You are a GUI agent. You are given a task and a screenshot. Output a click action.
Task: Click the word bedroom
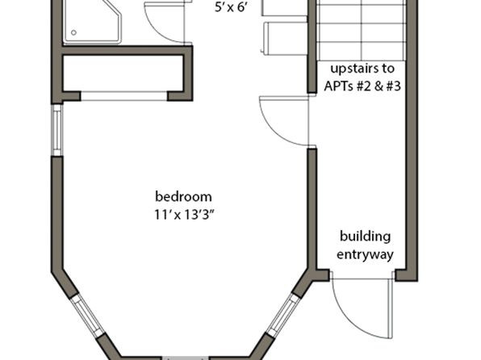[x=183, y=197]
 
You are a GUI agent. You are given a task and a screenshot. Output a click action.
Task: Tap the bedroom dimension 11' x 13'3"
[x=183, y=215]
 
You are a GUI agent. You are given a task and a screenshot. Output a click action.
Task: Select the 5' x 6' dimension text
[x=231, y=8]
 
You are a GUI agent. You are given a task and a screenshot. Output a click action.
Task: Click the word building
[x=365, y=237]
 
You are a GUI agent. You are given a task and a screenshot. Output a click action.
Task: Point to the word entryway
[x=365, y=255]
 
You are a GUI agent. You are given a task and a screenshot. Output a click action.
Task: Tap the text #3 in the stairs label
[x=393, y=86]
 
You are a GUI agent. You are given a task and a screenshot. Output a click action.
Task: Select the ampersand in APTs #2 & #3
[x=378, y=86]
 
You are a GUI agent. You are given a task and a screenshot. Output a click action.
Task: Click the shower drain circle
[x=73, y=32]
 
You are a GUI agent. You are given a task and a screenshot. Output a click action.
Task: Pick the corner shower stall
[x=92, y=22]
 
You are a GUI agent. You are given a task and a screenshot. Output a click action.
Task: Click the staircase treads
[x=362, y=30]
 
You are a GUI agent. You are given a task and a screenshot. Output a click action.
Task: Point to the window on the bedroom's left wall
[x=57, y=131]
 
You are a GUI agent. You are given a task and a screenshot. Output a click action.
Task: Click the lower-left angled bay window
[x=88, y=316]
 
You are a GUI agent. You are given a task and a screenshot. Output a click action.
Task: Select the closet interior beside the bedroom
[x=123, y=73]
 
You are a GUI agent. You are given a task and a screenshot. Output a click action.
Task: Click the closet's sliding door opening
[x=124, y=96]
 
